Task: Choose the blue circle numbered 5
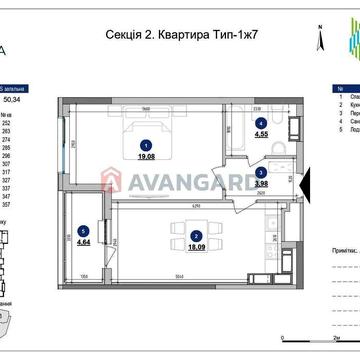click(x=82, y=230)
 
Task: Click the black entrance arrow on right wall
click(x=306, y=184)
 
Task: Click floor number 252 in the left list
click(x=8, y=121)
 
